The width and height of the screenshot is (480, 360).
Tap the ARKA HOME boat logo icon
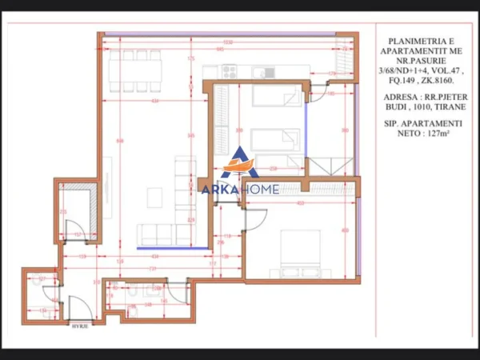pos(239,163)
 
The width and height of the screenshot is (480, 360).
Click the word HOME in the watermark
pos(261,189)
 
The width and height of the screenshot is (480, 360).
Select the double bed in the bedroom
pos(301,248)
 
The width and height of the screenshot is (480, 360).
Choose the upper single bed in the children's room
pos(275,96)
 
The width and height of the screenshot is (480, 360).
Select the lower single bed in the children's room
pos(275,139)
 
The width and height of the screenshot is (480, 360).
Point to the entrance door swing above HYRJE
pos(78,307)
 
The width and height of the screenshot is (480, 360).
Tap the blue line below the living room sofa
pos(168,249)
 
